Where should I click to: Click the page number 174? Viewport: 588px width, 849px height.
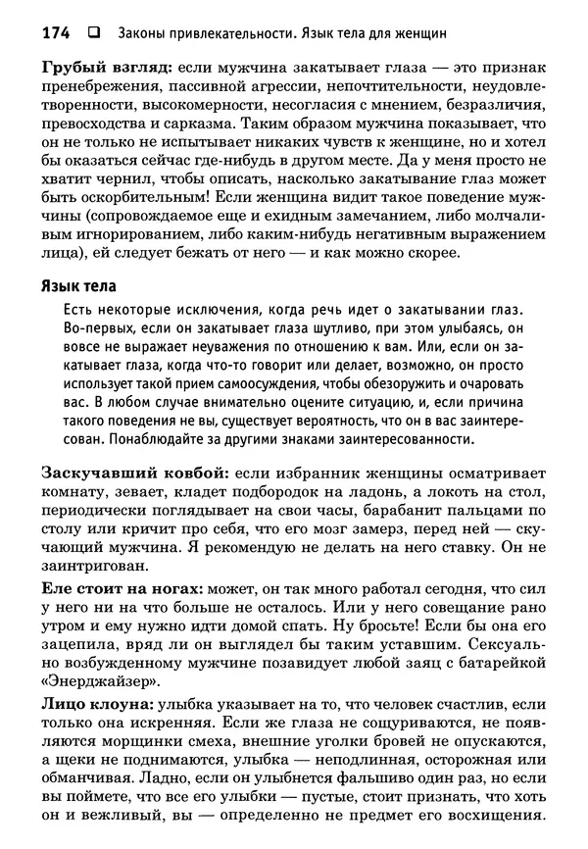tap(56, 32)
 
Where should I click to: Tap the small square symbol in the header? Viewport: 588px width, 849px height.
tap(93, 32)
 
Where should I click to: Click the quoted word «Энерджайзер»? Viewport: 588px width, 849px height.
tap(97, 683)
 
